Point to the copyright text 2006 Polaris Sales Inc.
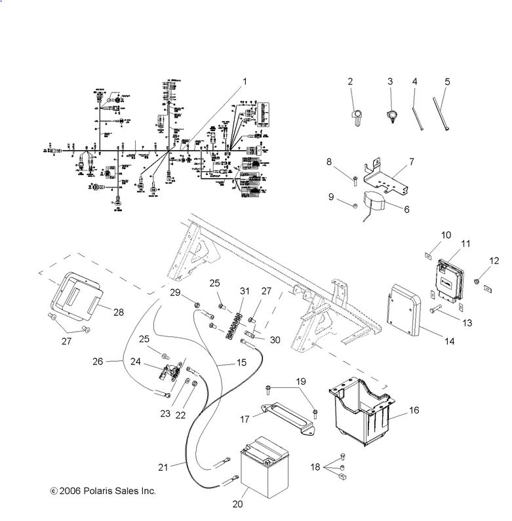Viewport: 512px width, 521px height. click(x=103, y=490)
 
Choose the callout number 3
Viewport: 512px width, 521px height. click(x=389, y=81)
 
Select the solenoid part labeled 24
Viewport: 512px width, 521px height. click(x=171, y=372)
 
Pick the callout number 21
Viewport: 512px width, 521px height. click(x=163, y=467)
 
